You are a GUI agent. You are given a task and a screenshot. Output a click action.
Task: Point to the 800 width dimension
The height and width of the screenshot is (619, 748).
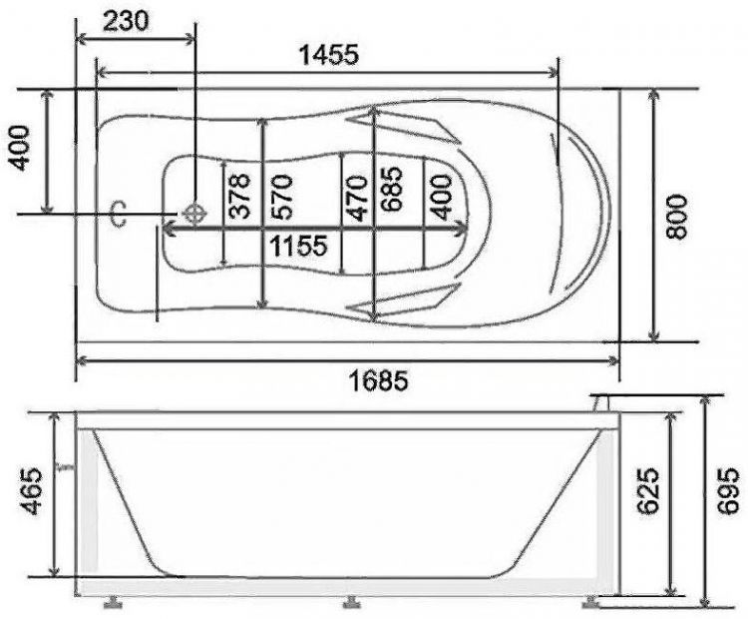pyautogui.click(x=678, y=215)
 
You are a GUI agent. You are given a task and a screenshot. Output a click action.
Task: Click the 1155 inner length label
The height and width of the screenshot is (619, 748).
pyautogui.click(x=295, y=245)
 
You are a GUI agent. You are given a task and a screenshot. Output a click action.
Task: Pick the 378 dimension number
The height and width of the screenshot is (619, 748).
pyautogui.click(x=238, y=195)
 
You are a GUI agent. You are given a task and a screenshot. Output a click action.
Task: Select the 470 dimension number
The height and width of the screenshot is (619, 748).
pyautogui.click(x=357, y=195)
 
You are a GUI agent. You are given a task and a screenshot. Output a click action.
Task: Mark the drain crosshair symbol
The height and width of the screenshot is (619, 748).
pyautogui.click(x=193, y=213)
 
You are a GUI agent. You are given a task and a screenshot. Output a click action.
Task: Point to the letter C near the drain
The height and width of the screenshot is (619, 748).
pyautogui.click(x=119, y=214)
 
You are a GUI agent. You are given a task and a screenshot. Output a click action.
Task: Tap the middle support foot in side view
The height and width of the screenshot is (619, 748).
pyautogui.click(x=350, y=602)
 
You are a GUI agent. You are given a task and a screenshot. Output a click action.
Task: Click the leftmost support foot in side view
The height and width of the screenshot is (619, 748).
pyautogui.click(x=113, y=602)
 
